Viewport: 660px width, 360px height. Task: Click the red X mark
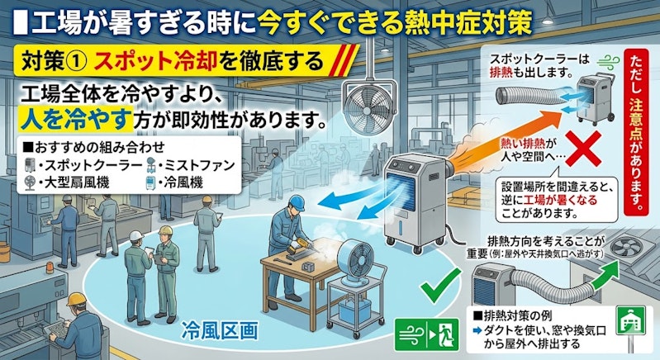[x=582, y=148]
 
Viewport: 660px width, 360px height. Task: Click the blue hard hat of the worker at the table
[x=297, y=203]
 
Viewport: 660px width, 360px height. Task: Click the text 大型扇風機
[x=77, y=182]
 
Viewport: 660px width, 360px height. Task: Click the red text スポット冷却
[x=155, y=61]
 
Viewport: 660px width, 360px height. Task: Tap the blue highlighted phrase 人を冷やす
[x=76, y=119]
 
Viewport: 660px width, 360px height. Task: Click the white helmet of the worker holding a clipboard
[x=136, y=235]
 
